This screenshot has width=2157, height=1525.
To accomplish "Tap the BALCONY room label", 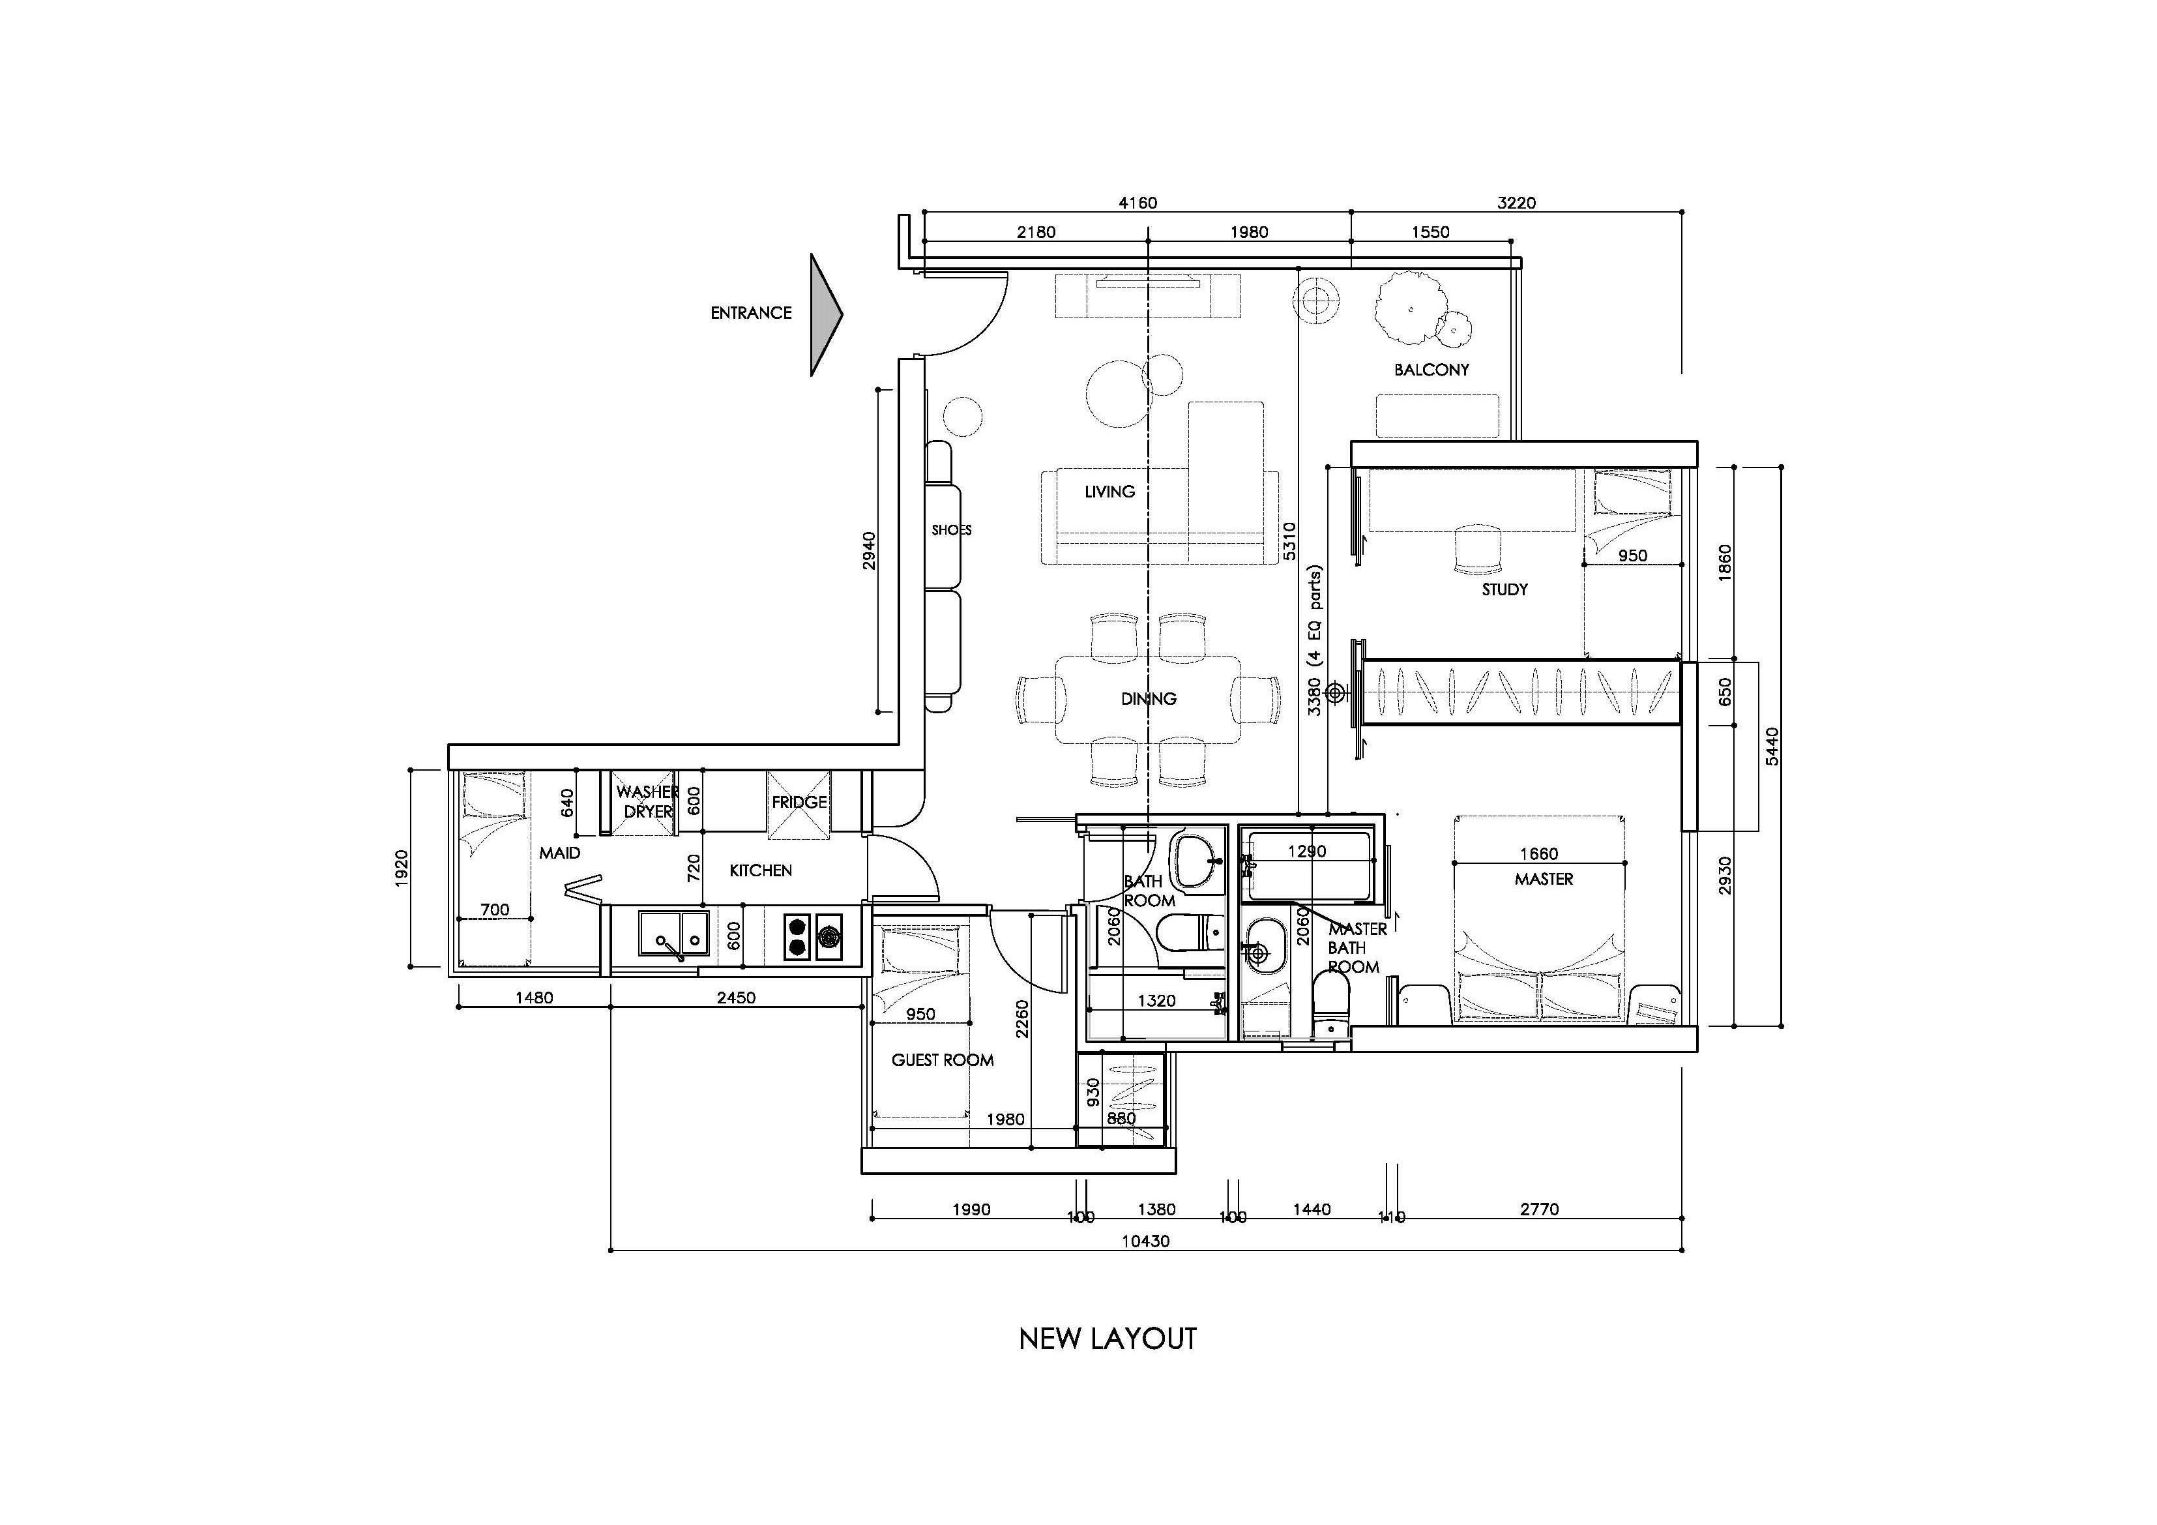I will [x=1431, y=369].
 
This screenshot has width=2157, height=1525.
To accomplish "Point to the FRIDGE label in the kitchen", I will [x=799, y=801].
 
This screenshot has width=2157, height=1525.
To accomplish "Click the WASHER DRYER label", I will [x=647, y=801].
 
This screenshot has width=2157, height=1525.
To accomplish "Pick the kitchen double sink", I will [x=673, y=933].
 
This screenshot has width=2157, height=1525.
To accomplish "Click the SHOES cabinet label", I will [x=950, y=530].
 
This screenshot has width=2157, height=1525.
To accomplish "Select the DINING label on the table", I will [x=1148, y=698].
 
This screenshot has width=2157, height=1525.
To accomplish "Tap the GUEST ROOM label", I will [x=943, y=1060].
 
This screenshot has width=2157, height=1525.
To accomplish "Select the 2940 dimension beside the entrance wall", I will [x=869, y=551].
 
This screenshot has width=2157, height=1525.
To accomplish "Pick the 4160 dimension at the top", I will [x=1137, y=203].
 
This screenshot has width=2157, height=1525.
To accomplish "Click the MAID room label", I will [x=559, y=852].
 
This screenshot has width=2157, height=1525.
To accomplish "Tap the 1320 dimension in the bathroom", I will [x=1156, y=1001].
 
